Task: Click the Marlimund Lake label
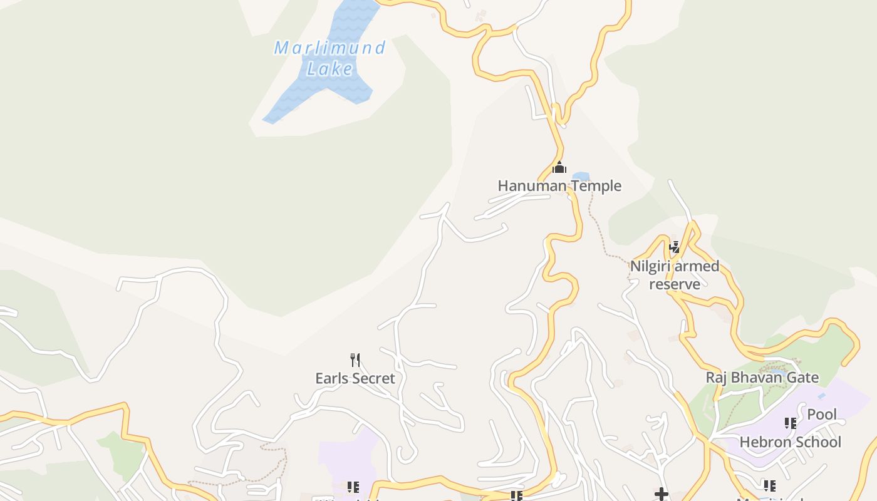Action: (x=330, y=58)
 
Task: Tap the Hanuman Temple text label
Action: (x=559, y=186)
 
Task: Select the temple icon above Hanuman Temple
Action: (x=559, y=167)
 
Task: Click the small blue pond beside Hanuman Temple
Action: (x=581, y=177)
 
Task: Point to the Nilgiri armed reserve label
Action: (x=675, y=275)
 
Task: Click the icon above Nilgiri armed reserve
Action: (x=674, y=247)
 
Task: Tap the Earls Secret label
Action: (x=355, y=378)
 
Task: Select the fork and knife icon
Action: (x=355, y=359)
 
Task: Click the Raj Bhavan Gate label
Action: (x=762, y=378)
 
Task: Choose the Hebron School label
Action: (x=791, y=442)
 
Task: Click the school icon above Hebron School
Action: (x=791, y=423)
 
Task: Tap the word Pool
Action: (x=822, y=415)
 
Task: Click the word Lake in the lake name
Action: (x=330, y=68)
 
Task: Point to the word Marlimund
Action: (x=330, y=48)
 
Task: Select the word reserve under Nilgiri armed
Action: (x=675, y=284)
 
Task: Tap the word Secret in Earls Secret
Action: (x=373, y=378)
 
